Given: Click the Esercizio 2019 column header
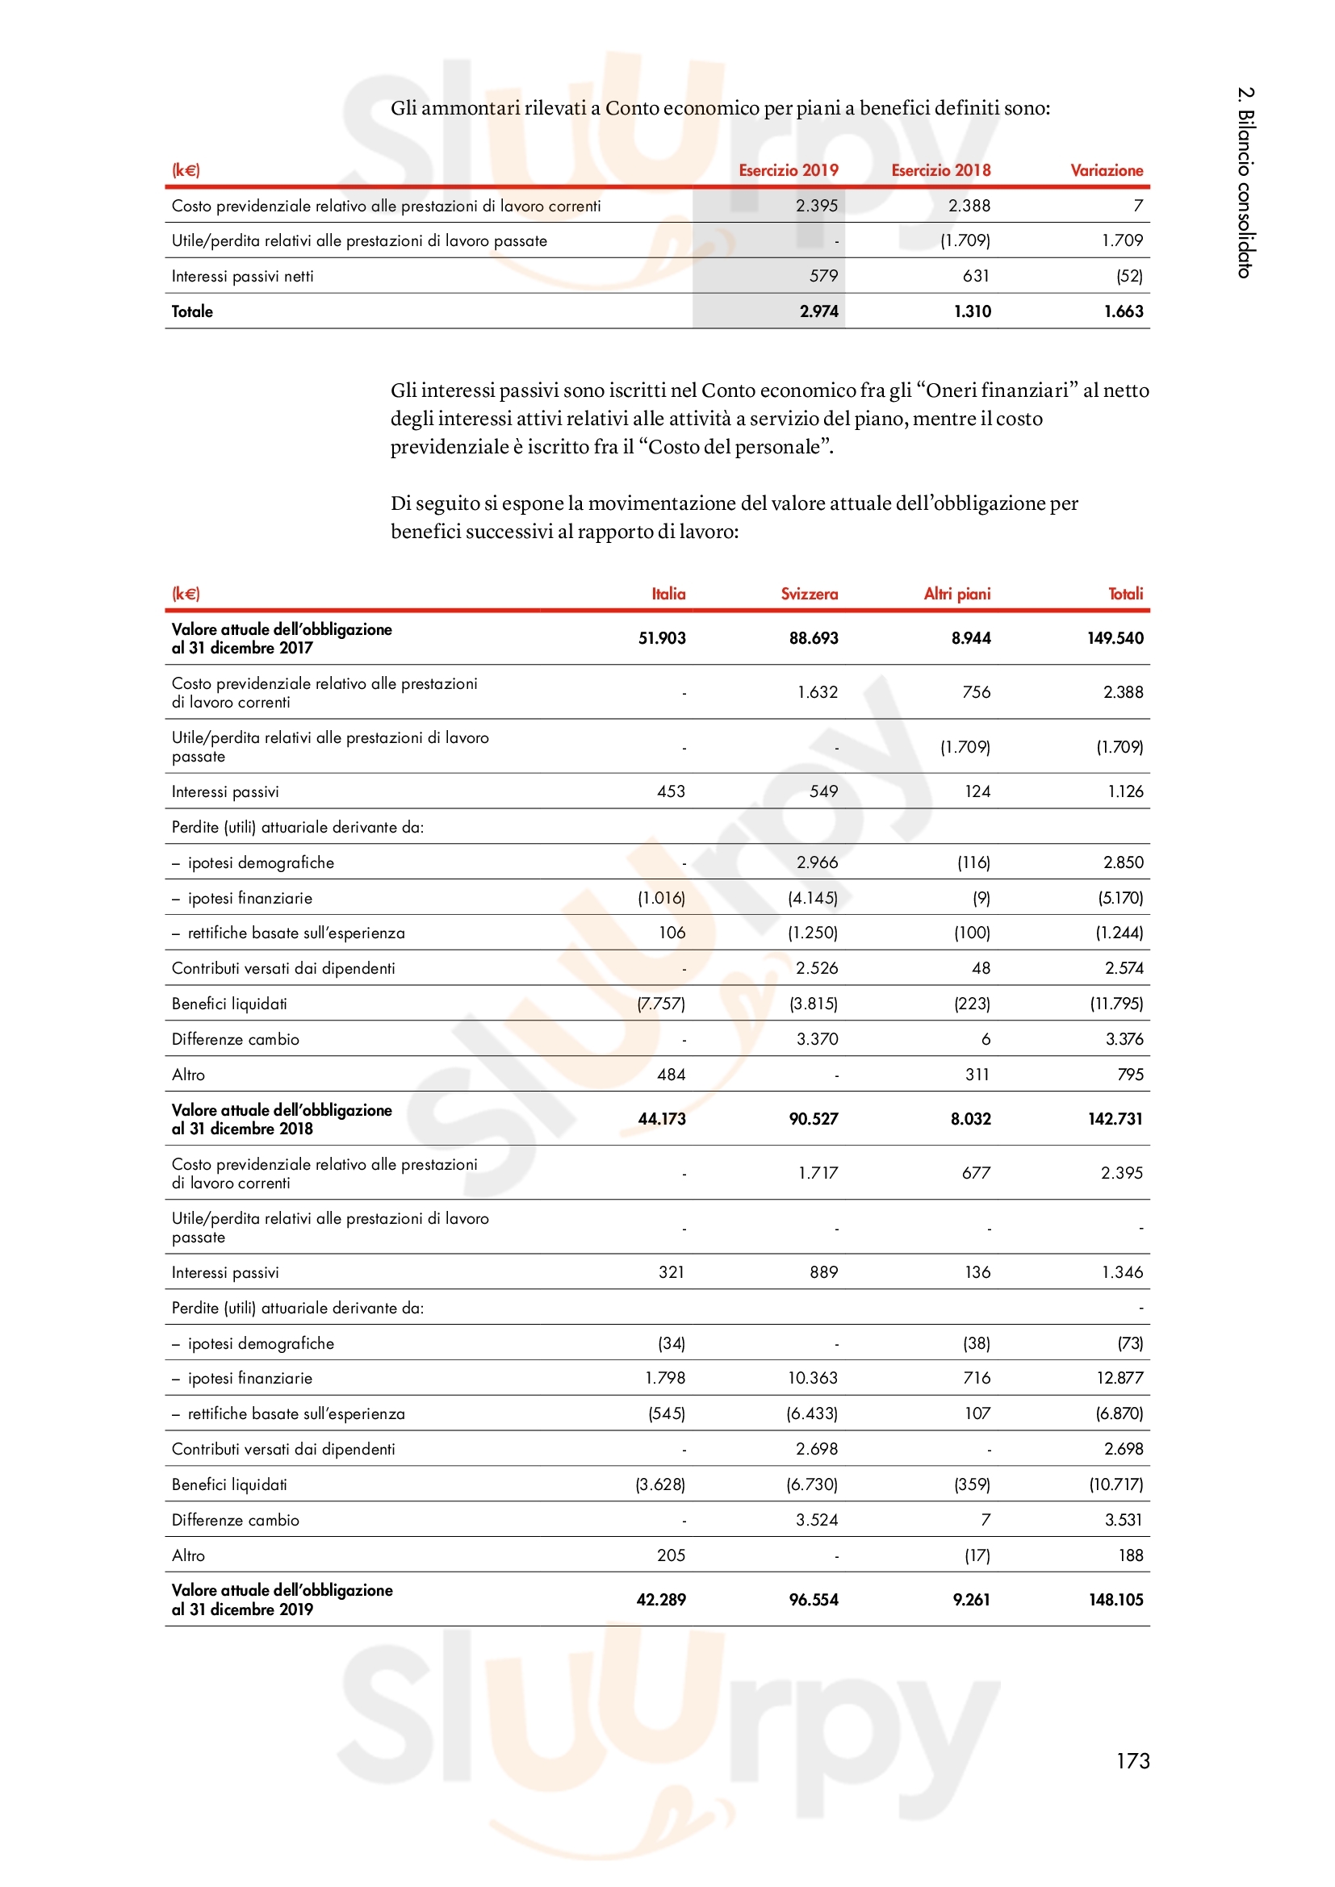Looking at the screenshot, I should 788,170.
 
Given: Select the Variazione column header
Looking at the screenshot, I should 1106,170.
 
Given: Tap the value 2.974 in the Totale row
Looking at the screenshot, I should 818,311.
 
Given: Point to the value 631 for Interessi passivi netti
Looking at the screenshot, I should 976,276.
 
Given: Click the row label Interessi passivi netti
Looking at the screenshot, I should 242,276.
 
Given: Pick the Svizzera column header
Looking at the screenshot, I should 809,594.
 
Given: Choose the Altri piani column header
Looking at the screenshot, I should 957,594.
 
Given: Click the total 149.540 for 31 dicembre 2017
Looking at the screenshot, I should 1115,638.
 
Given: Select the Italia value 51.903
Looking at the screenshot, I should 662,638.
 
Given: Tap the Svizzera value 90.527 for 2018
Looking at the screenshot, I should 813,1118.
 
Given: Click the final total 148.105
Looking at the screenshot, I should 1115,1599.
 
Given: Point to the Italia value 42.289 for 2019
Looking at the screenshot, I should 661,1599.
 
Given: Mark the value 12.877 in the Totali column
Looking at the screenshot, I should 1119,1377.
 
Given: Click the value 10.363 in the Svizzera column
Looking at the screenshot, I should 812,1377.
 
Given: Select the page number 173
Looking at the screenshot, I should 1132,1760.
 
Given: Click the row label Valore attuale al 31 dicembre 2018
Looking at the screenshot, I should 282,1118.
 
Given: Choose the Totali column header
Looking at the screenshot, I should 1125,594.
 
